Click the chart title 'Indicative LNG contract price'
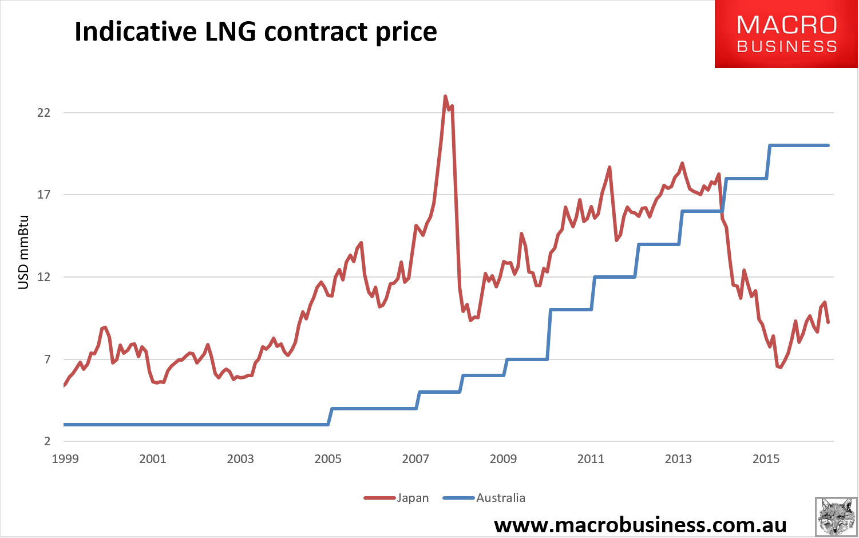click(x=255, y=31)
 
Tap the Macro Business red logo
click(x=786, y=34)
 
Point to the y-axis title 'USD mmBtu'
click(x=23, y=252)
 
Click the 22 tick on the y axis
click(x=43, y=113)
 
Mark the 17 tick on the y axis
click(x=43, y=195)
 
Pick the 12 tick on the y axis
click(x=43, y=277)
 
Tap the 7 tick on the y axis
click(x=47, y=359)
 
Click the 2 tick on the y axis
click(x=47, y=441)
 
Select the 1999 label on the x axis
click(x=65, y=459)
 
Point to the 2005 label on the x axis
click(x=328, y=459)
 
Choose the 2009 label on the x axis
click(x=503, y=459)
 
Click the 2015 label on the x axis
click(x=766, y=459)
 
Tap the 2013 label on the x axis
click(x=678, y=459)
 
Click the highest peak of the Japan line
click(x=445, y=97)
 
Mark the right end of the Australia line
click(x=828, y=145)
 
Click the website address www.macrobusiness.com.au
click(x=640, y=525)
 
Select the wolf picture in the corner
click(x=836, y=516)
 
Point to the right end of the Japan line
click(x=828, y=322)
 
